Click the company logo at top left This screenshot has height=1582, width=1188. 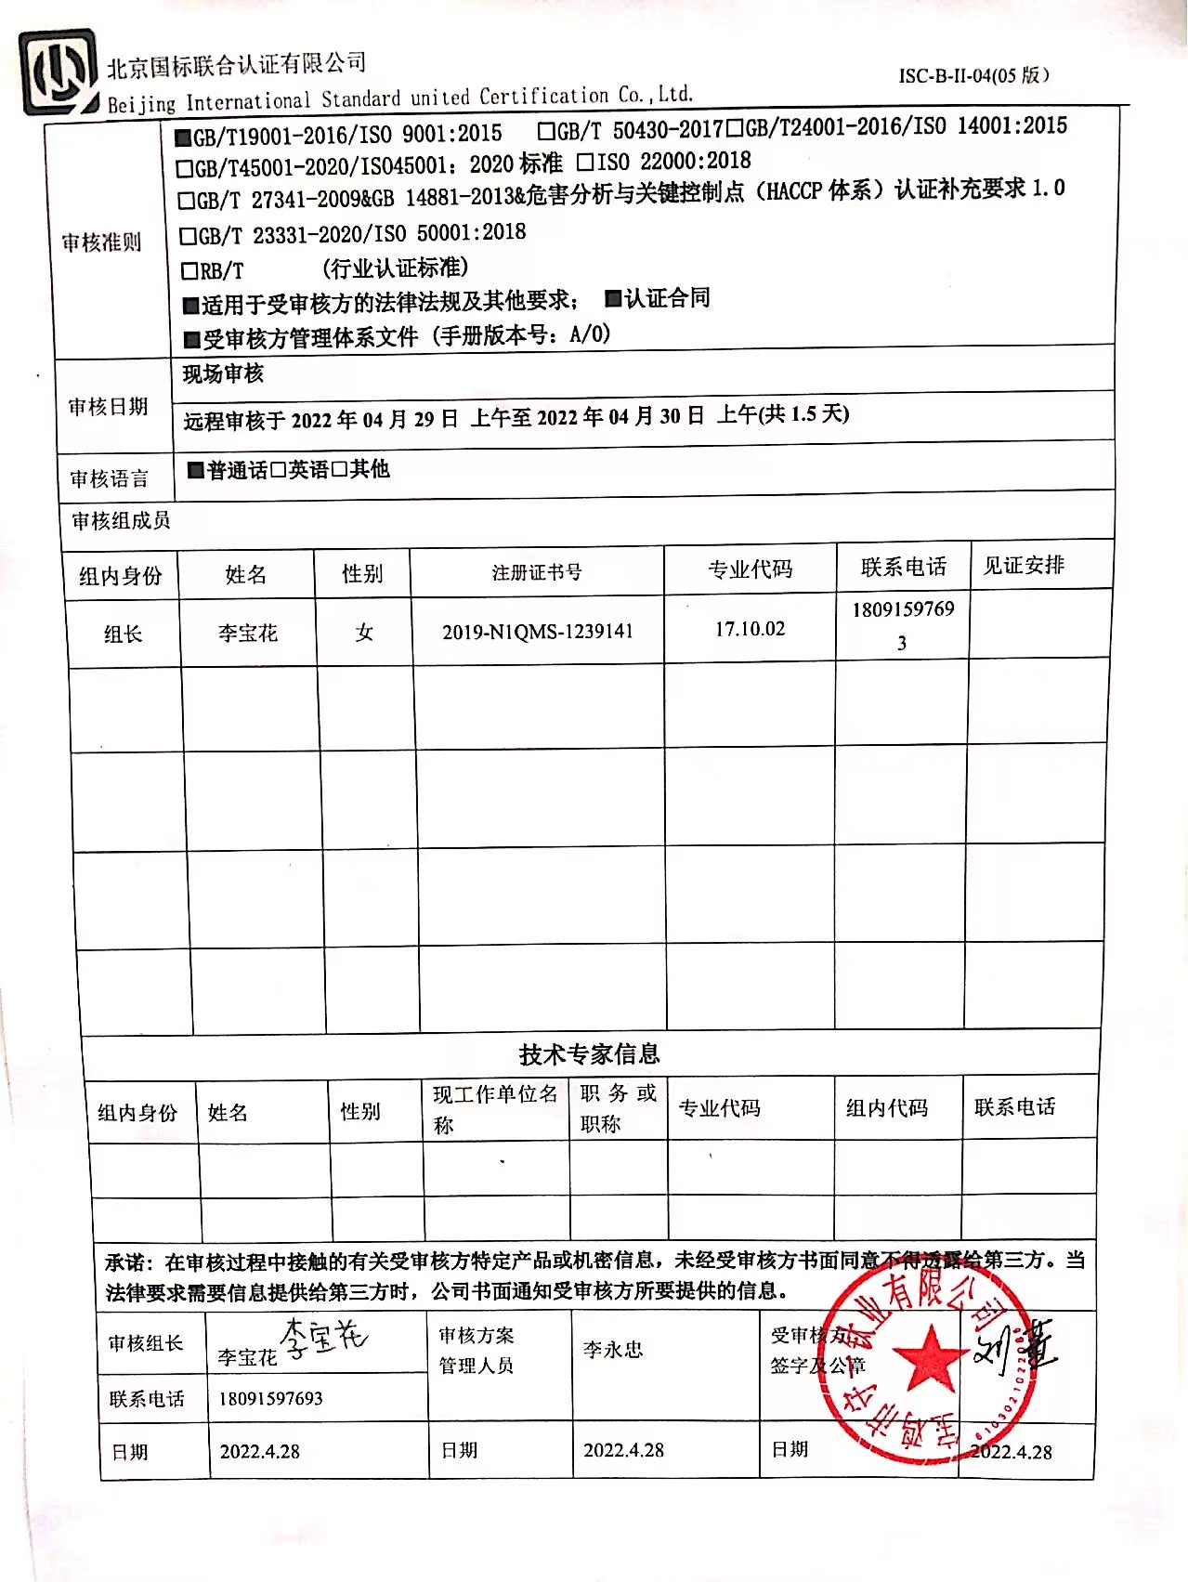59,72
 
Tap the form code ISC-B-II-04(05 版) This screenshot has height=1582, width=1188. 973,75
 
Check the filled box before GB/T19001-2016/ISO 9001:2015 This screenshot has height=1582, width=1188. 183,137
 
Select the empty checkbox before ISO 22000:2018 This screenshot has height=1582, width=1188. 585,163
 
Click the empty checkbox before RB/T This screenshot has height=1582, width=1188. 189,271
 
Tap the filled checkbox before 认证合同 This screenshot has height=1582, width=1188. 613,298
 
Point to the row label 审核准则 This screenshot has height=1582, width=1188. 101,242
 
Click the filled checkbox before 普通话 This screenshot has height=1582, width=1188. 195,470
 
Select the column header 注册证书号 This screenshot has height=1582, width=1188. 537,572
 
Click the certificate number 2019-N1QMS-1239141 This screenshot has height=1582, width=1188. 537,632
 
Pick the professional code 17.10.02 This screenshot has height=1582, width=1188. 750,629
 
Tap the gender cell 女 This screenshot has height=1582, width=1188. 364,633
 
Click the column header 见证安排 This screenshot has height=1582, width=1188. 1024,565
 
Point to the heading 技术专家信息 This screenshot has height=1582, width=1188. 589,1053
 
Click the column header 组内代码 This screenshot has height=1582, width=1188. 886,1107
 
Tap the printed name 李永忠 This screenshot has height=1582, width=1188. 613,1350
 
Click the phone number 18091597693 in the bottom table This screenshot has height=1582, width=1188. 270,1398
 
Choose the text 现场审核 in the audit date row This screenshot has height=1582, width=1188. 223,373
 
